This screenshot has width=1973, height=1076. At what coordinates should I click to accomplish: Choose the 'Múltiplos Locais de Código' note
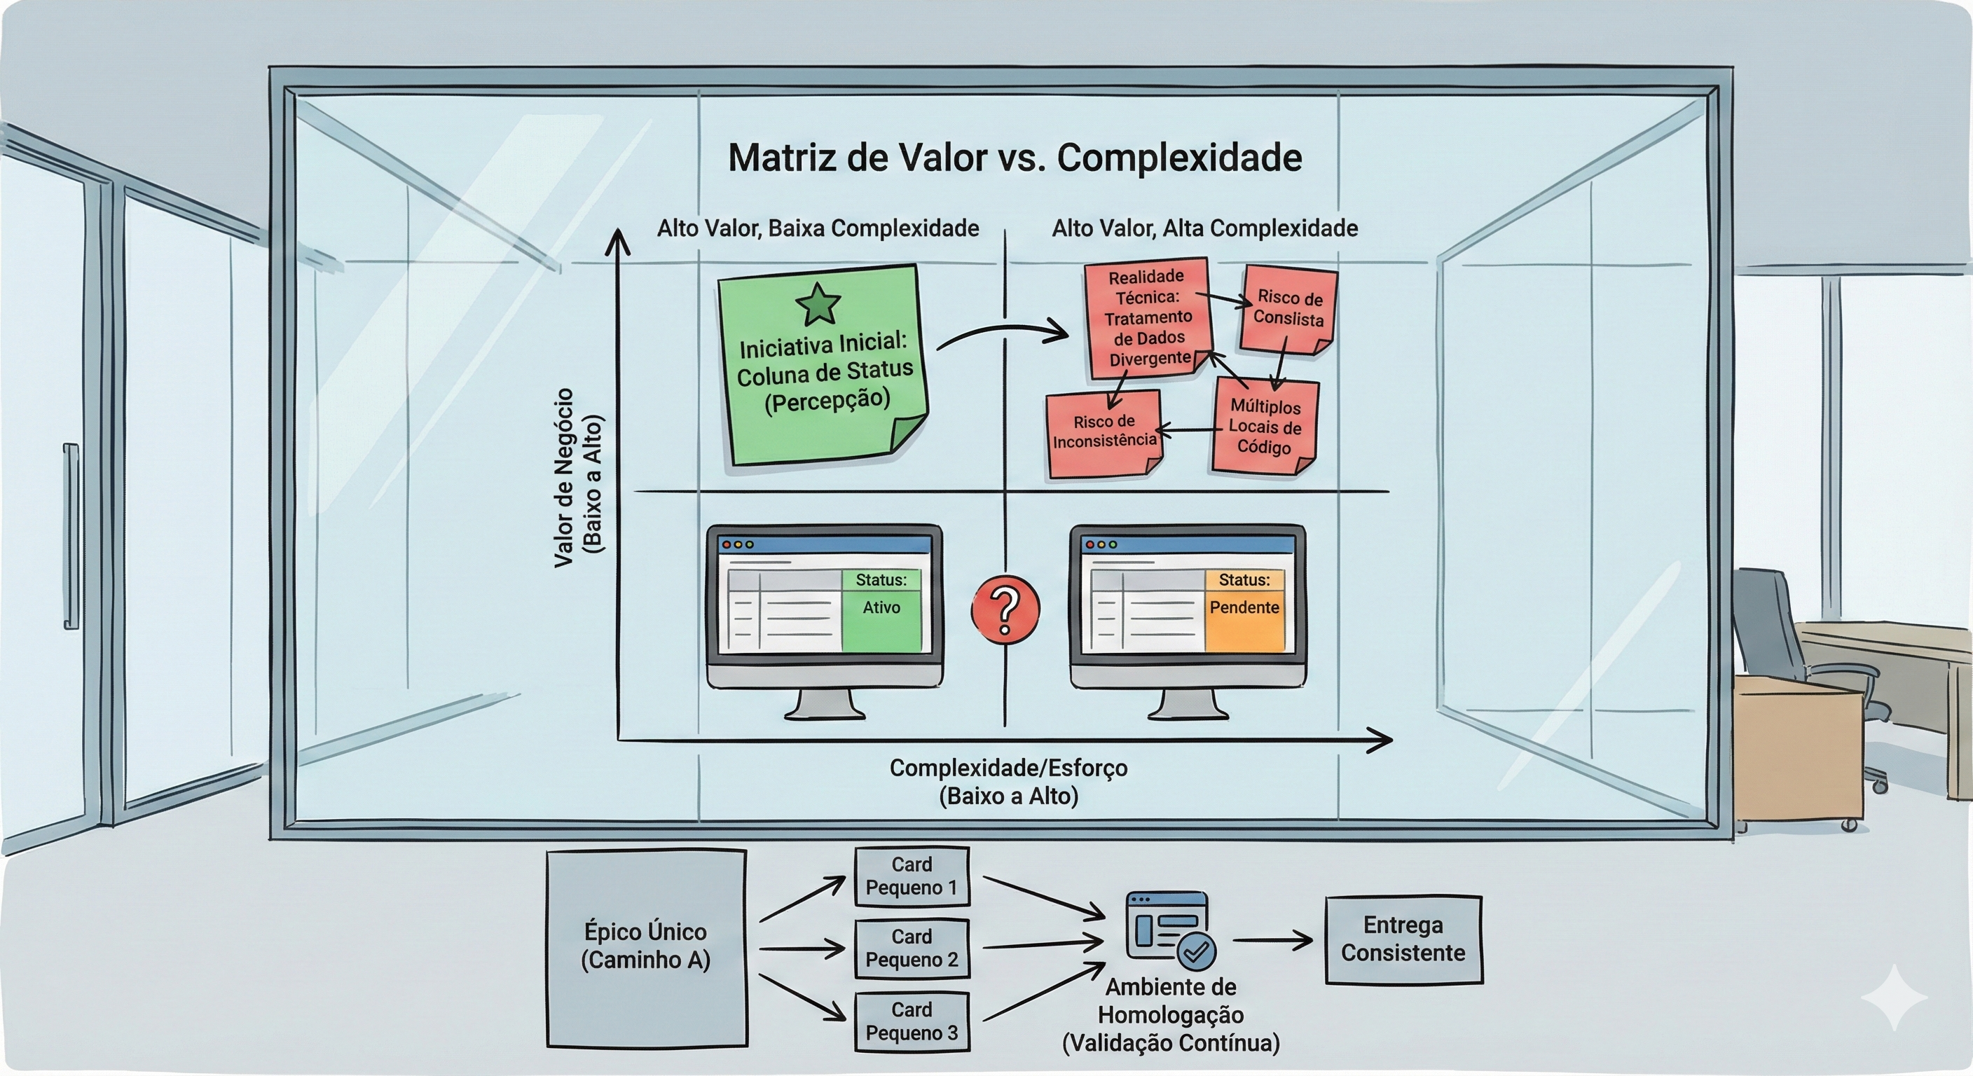pyautogui.click(x=1265, y=427)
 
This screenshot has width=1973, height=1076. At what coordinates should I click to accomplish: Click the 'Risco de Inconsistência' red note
pyautogui.click(x=1104, y=433)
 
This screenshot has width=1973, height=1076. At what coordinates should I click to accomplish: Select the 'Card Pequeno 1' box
pyautogui.click(x=912, y=876)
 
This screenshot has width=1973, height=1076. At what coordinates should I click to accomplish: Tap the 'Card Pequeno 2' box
pyautogui.click(x=912, y=948)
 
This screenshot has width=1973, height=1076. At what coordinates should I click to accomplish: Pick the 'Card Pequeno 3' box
pyautogui.click(x=912, y=1021)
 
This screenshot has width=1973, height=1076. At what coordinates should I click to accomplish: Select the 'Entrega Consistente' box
pyautogui.click(x=1403, y=939)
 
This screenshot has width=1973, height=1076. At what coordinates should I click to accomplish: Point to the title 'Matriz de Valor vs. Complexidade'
pyautogui.click(x=1015, y=158)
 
